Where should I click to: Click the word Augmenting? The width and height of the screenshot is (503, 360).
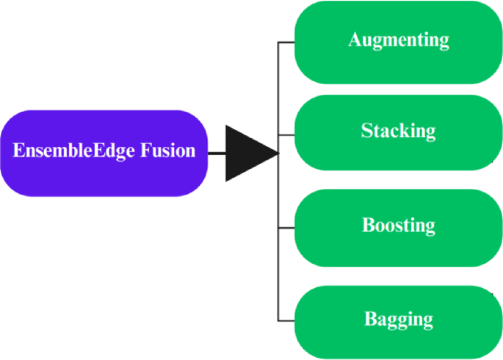(398, 40)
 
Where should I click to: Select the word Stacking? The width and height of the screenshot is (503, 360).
(398, 131)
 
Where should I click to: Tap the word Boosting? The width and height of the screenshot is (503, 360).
(398, 225)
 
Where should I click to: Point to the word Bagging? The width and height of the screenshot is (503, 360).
(398, 320)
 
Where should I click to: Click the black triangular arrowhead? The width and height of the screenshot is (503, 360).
(246, 153)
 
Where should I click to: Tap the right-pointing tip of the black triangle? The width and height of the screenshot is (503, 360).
(276, 154)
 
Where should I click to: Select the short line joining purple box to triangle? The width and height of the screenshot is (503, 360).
(217, 154)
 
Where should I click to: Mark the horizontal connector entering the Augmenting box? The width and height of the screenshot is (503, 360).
(286, 43)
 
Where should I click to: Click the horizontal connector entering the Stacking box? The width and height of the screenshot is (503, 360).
(286, 134)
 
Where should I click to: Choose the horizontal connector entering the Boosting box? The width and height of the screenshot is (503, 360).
(286, 228)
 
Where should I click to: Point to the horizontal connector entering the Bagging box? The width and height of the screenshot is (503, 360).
(286, 320)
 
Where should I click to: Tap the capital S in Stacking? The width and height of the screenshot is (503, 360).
(366, 131)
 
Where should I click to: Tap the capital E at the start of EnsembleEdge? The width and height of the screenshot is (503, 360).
(18, 151)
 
